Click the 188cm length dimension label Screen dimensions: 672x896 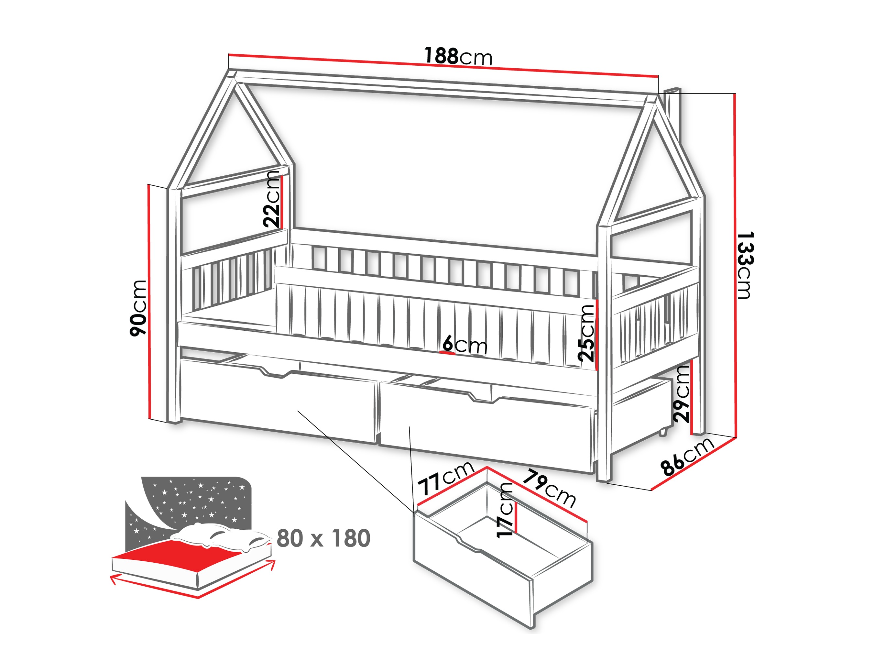pyautogui.click(x=458, y=56)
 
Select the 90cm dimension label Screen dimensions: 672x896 pyautogui.click(x=138, y=308)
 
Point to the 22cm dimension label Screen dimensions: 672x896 pyautogui.click(x=271, y=198)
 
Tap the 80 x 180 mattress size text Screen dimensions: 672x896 pyautogui.click(x=323, y=538)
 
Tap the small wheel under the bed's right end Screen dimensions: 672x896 pyautogui.click(x=663, y=433)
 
